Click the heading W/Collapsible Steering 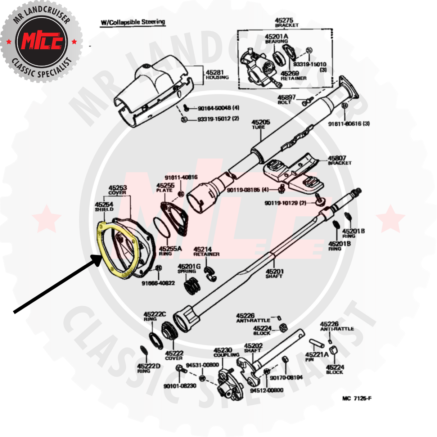[133, 22]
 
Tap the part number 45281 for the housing [215, 72]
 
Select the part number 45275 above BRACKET [284, 21]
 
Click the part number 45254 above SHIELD [104, 204]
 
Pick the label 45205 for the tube [261, 122]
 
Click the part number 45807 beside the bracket [337, 158]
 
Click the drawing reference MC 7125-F [357, 398]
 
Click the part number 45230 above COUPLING [223, 350]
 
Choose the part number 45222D [149, 366]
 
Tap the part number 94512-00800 [267, 390]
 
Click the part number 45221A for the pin [317, 355]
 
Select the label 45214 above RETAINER [203, 249]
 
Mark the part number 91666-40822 [158, 283]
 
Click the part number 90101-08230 [180, 386]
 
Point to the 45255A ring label [170, 249]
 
